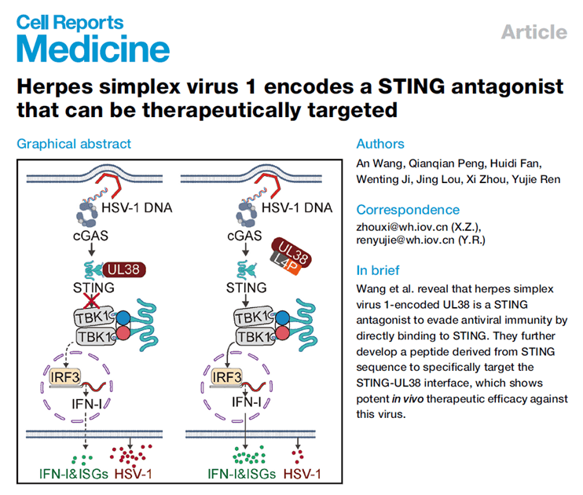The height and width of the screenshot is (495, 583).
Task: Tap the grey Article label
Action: click(533, 32)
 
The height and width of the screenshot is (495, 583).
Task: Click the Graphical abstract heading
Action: click(74, 144)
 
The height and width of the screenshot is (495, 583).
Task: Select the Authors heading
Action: click(380, 144)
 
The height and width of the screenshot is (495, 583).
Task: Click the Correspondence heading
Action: click(408, 210)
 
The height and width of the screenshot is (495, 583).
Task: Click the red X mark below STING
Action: click(93, 302)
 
